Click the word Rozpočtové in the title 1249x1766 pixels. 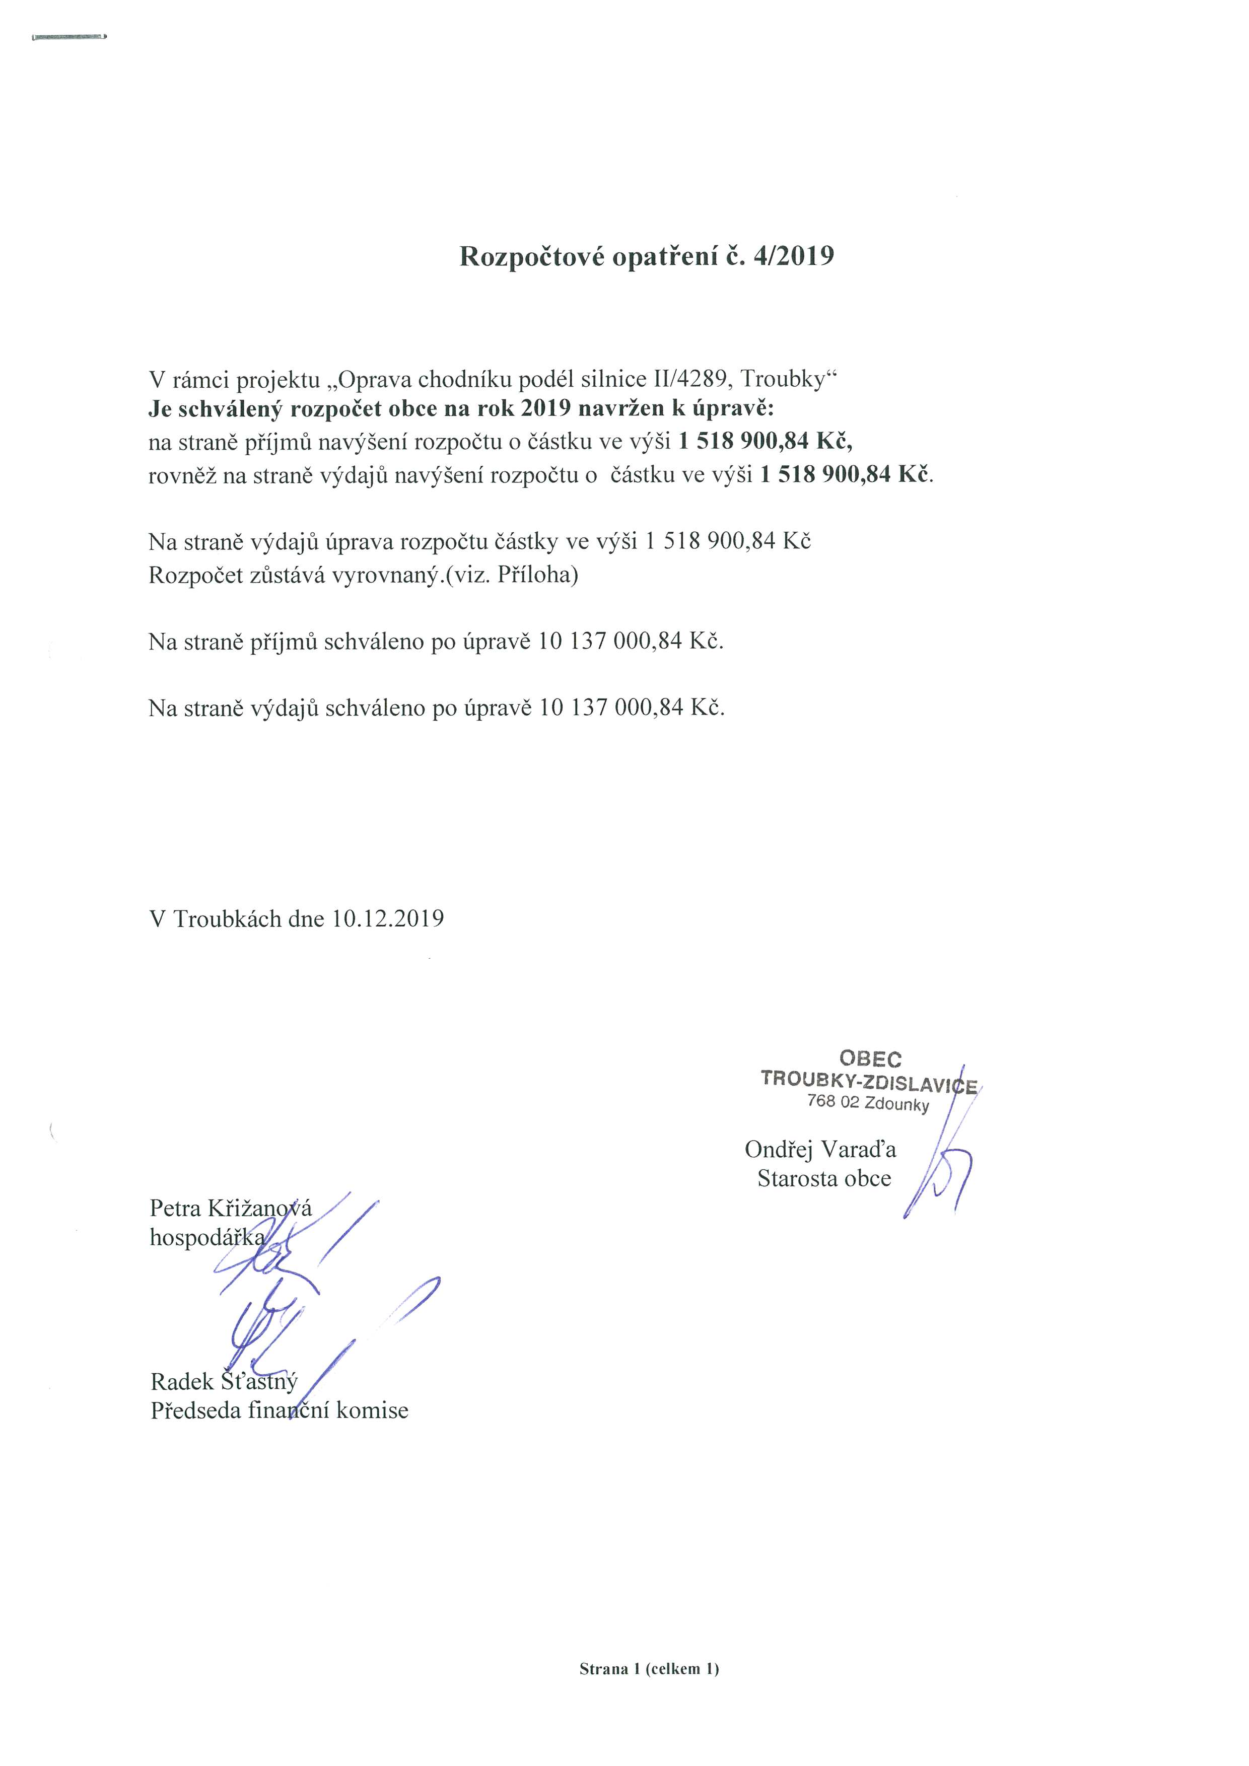tap(531, 257)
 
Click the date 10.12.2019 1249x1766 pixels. tap(388, 919)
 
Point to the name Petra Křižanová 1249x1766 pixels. tap(231, 1208)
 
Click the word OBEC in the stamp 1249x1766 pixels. tap(870, 1059)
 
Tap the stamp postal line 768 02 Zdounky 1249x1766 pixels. tap(868, 1103)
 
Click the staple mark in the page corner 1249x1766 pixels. tap(69, 36)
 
